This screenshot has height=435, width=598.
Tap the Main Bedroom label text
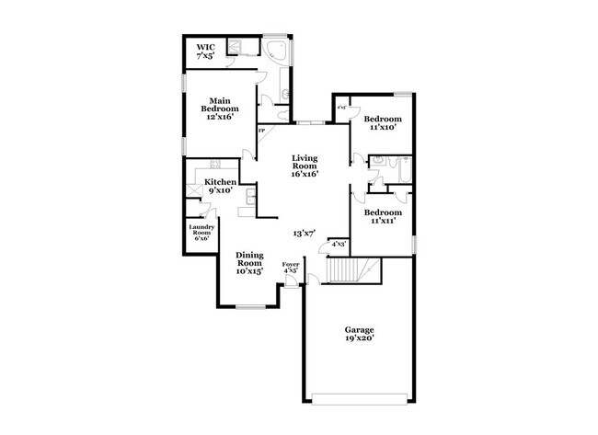pyautogui.click(x=218, y=109)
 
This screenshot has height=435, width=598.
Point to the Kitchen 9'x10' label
pyautogui.click(x=220, y=187)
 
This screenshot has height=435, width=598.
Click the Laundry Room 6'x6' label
pyautogui.click(x=201, y=231)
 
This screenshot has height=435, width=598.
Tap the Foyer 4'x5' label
pyautogui.click(x=291, y=269)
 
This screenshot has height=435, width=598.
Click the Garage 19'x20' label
pyautogui.click(x=360, y=334)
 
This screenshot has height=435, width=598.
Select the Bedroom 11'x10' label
pyautogui.click(x=382, y=123)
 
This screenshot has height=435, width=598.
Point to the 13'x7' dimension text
pyautogui.click(x=305, y=234)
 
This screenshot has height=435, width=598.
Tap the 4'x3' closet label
pyautogui.click(x=338, y=245)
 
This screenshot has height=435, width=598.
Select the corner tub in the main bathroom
pyautogui.click(x=276, y=51)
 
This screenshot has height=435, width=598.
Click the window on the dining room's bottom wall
pyautogui.click(x=249, y=306)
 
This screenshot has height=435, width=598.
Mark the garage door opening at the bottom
pyautogui.click(x=360, y=396)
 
